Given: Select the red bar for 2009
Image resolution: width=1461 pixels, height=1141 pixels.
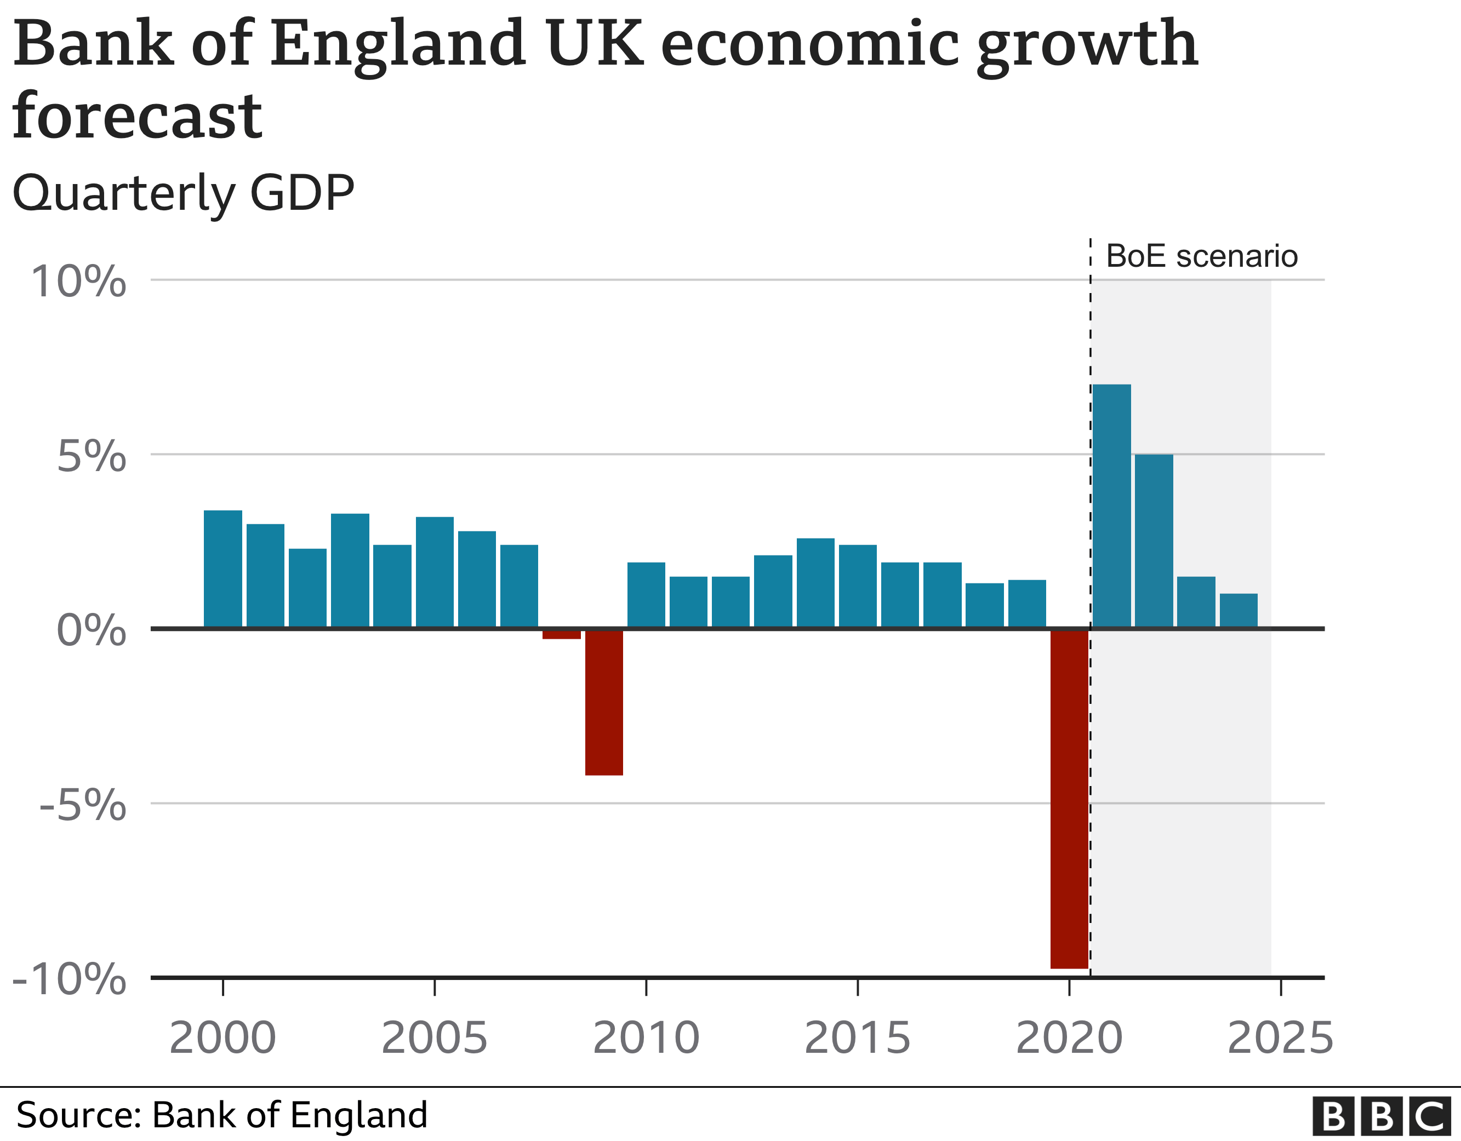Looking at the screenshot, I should (604, 702).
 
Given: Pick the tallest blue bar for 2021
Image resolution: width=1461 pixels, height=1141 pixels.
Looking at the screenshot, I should (1111, 506).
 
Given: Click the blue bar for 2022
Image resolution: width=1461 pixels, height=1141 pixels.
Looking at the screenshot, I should (1154, 541).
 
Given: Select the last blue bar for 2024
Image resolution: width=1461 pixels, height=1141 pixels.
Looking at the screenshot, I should (1239, 611).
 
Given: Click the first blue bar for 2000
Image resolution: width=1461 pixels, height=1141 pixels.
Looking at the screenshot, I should (222, 569).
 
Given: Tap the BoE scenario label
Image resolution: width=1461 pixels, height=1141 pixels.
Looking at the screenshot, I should (1201, 256).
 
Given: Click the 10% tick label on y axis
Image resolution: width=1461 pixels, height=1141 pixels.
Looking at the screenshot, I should (78, 282).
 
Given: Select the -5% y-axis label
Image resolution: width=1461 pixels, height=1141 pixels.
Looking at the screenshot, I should (82, 805).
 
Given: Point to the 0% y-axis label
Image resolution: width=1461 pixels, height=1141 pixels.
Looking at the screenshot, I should (91, 630).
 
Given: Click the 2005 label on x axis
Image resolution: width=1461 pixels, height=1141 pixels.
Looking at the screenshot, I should (434, 1038).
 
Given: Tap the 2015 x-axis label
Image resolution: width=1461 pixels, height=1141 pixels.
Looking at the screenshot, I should (857, 1038).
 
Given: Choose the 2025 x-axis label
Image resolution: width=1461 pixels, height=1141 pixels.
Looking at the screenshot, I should (1280, 1038).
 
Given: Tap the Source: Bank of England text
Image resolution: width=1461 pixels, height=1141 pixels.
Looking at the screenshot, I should (221, 1115).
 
